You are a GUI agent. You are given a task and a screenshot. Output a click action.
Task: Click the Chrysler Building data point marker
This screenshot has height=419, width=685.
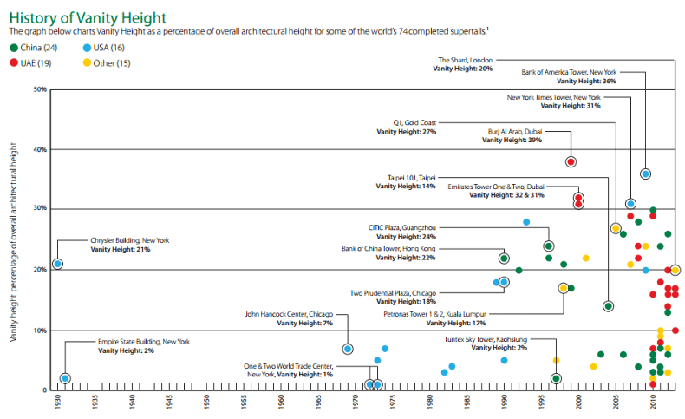(x=57, y=264)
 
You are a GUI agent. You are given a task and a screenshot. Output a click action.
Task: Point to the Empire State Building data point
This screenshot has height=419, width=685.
(x=65, y=378)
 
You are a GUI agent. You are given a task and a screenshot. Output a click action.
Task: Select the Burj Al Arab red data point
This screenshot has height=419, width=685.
(x=571, y=162)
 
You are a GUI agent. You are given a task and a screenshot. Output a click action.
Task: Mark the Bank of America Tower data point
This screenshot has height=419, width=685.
(x=645, y=174)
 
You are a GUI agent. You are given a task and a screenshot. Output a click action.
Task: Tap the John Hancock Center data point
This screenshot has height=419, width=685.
(x=348, y=349)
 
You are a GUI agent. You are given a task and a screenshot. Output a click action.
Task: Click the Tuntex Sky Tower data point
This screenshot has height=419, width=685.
(x=556, y=378)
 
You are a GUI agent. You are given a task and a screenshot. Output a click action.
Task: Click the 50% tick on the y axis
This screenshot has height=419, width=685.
(x=40, y=89)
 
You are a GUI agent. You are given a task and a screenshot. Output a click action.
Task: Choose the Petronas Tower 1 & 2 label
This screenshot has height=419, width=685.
(x=434, y=314)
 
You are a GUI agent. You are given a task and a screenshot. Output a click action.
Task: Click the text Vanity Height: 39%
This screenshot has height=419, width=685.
(x=512, y=140)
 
